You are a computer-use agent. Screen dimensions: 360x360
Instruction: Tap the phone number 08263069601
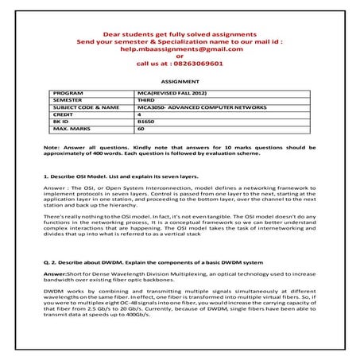pos(200,65)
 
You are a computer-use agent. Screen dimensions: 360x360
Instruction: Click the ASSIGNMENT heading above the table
pos(179,81)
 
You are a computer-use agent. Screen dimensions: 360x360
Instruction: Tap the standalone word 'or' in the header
pos(179,57)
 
